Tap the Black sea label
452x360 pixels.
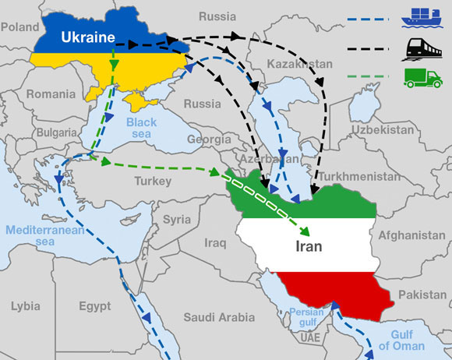pyautogui.click(x=141, y=129)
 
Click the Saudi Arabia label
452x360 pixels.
pyautogui.click(x=219, y=317)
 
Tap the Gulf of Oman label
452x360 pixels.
pyautogui.click(x=402, y=340)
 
